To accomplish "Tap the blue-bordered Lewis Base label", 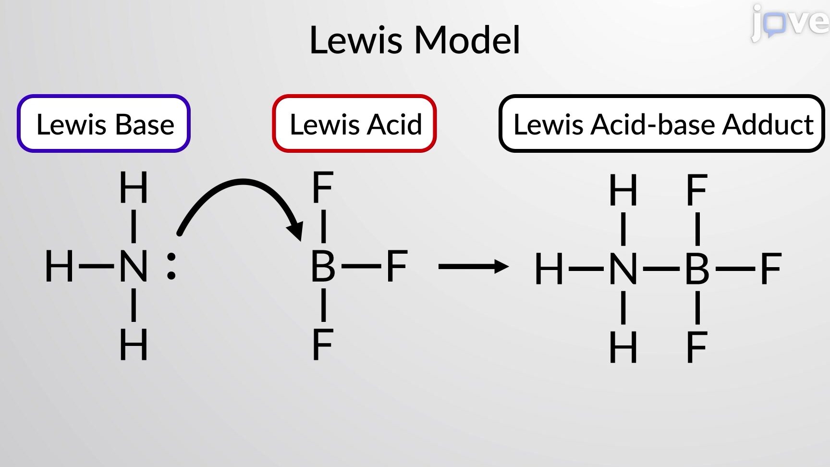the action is point(104,123).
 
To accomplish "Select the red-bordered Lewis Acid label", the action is point(354,123).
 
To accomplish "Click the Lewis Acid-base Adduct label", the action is point(662,123).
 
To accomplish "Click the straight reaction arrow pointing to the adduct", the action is point(474,266).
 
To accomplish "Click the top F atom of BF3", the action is point(323,187).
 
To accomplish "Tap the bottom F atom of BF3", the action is point(323,344).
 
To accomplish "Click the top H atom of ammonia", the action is point(134,187).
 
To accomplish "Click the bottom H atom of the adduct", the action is point(623,347).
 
